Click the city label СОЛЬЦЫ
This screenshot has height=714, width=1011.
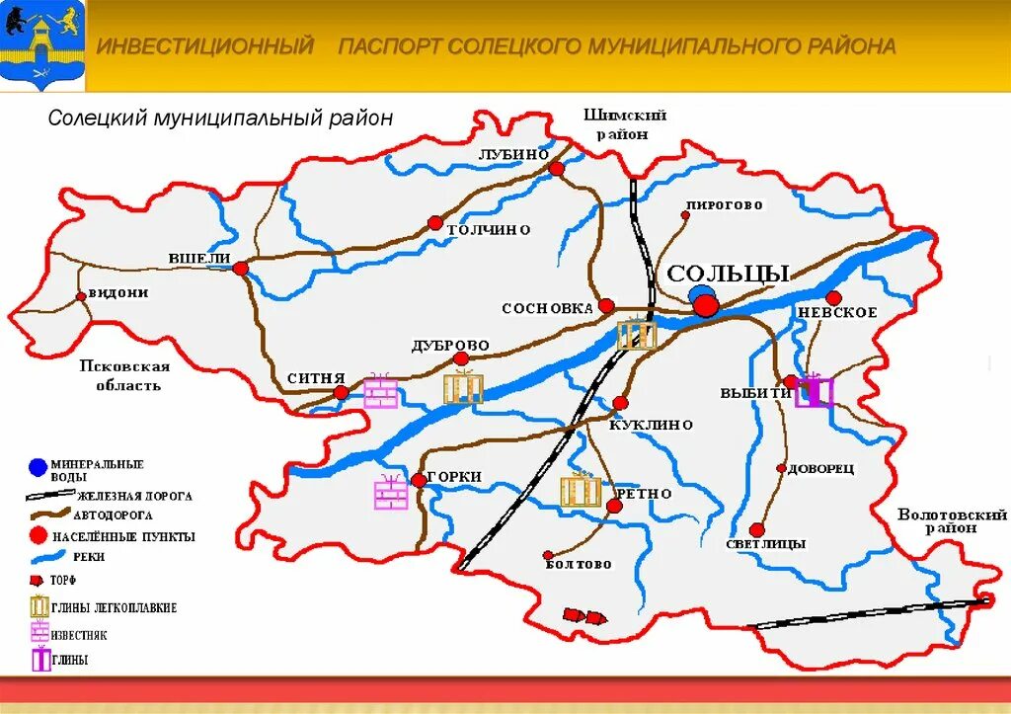728,274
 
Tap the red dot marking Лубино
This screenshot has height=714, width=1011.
556,169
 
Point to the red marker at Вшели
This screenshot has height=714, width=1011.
241,267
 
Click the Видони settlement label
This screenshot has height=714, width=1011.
118,293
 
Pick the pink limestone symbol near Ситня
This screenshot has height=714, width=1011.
381,392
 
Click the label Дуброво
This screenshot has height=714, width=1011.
450,346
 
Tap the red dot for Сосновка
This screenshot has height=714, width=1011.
606,306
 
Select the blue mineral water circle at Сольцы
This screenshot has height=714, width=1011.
700,294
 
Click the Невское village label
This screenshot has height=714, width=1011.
837,313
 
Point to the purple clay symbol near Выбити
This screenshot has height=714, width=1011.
816,391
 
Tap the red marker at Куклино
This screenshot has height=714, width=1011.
620,403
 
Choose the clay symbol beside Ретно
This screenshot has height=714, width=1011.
581,491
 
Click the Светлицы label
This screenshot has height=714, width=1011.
765,544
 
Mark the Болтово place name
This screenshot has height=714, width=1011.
578,565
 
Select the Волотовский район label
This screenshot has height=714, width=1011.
952,520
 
